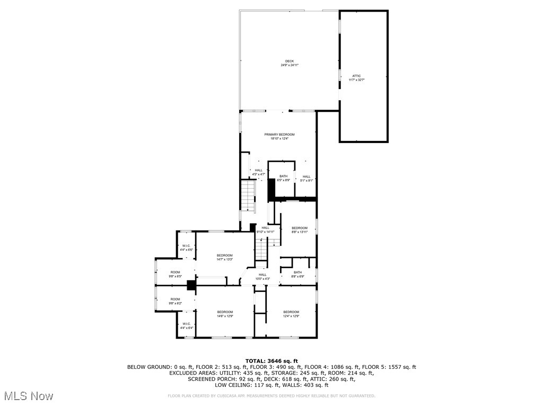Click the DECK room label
tap(290, 63)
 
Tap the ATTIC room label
tap(356, 78)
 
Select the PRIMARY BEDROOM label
tap(279, 137)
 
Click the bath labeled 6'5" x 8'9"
tap(284, 178)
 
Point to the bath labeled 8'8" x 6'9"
tap(297, 275)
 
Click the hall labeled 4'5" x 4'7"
tap(258, 172)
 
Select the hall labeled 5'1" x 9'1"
tap(306, 179)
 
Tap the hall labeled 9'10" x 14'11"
tap(265, 229)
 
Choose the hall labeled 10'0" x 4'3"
tap(262, 277)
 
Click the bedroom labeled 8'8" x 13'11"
tap(300, 230)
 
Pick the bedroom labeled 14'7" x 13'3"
tap(224, 258)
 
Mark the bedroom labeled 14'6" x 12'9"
tap(225, 314)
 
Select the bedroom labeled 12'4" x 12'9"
tap(291, 314)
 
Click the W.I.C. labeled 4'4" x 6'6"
tap(187, 247)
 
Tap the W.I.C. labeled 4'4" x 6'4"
tap(187, 326)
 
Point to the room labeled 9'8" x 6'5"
tap(175, 274)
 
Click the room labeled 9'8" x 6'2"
tap(175, 301)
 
